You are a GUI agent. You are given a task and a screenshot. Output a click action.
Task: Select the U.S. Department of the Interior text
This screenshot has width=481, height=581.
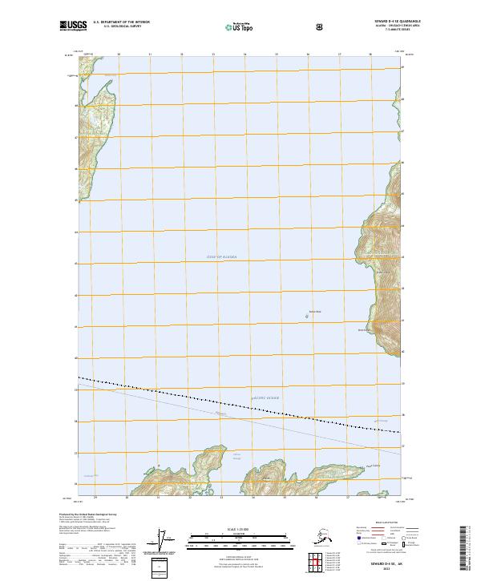[x=121, y=22]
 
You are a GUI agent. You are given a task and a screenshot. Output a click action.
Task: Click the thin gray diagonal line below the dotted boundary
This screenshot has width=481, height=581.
[x=240, y=418]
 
